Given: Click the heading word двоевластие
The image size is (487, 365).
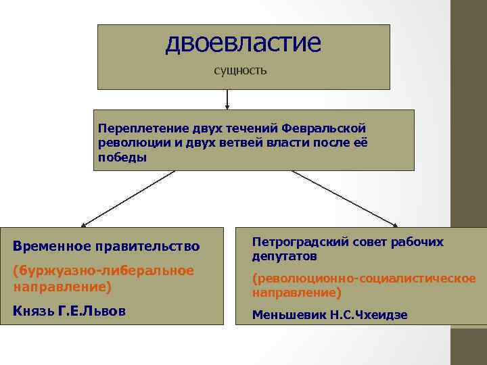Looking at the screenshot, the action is [x=243, y=43].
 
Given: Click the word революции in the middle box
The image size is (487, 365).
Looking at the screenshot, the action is [x=126, y=142].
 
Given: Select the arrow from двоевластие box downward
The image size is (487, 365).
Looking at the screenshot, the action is [x=227, y=99].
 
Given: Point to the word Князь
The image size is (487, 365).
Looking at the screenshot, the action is [x=33, y=312].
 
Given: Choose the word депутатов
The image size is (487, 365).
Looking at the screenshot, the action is [x=284, y=257].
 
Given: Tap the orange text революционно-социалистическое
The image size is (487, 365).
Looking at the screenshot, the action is [x=364, y=278].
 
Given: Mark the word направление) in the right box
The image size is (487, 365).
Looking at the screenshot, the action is [x=296, y=293].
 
